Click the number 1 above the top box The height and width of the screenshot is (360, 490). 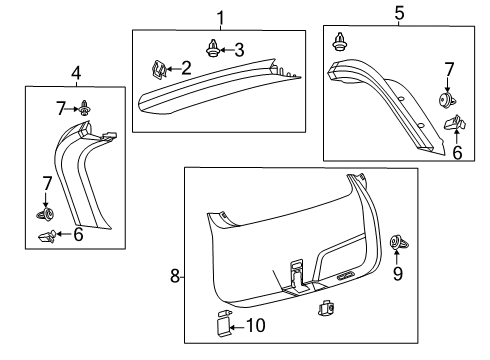pos(221,17)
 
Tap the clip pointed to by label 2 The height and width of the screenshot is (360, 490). pos(159,69)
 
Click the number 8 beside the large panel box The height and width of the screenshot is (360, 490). pos(176,275)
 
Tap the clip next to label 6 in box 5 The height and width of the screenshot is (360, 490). pos(454,124)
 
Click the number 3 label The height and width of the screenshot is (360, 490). pos(238,49)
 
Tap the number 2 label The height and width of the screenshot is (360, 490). pos(186,69)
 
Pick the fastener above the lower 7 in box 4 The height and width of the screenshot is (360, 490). pos(45,214)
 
